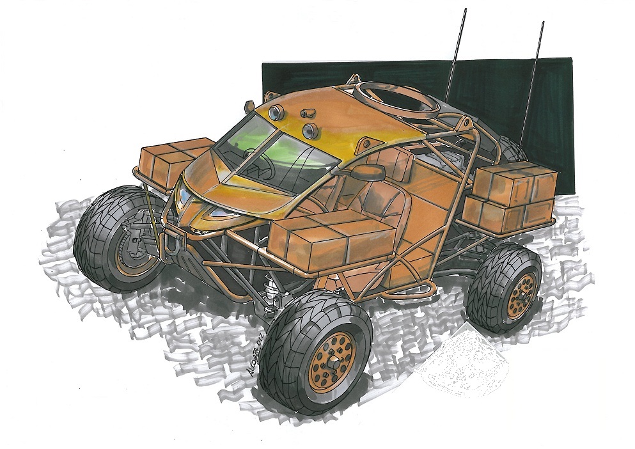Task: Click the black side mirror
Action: (x=371, y=171)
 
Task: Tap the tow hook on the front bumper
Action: (x=171, y=246)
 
